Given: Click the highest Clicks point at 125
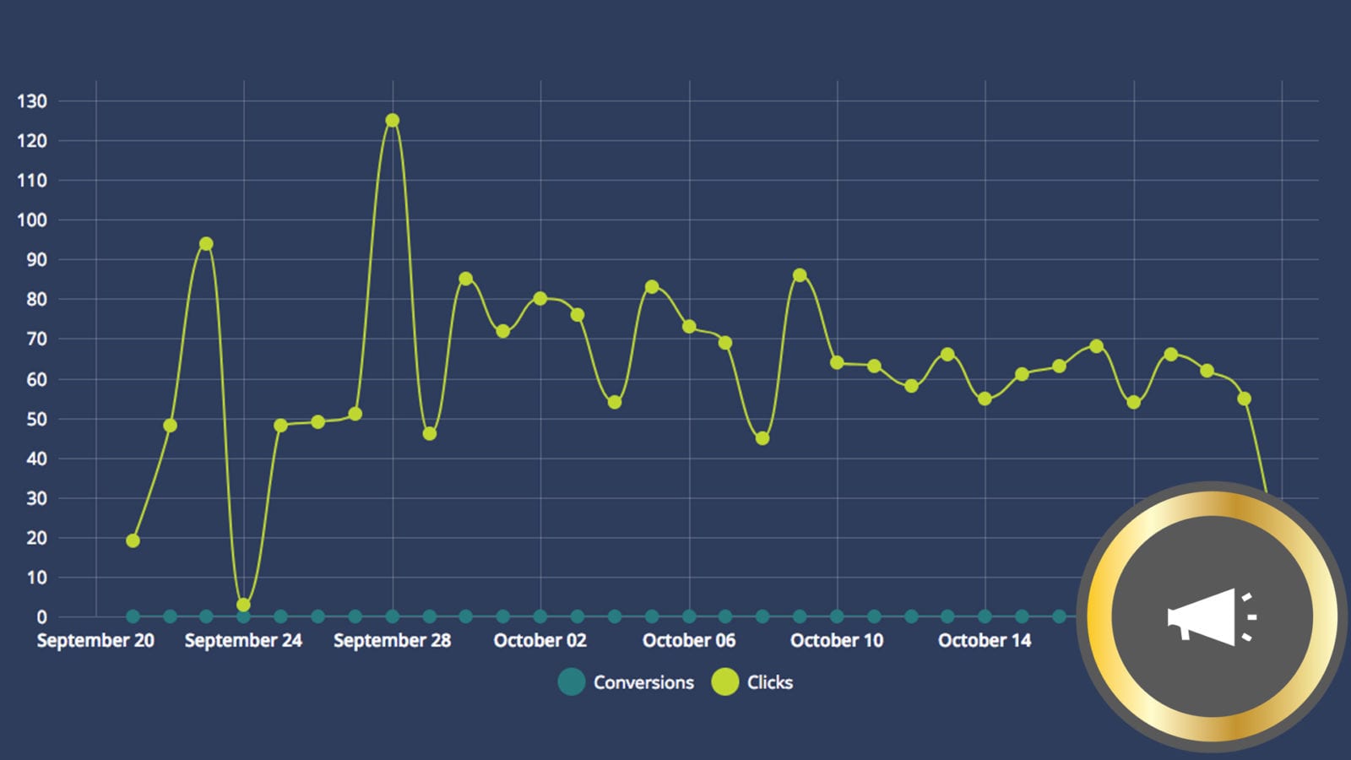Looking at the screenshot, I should coord(393,121).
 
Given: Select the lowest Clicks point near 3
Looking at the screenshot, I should coord(243,605).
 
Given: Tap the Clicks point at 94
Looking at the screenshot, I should coord(206,244).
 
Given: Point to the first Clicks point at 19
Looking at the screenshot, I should coord(133,540).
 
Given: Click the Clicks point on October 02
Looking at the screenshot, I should coord(540,298).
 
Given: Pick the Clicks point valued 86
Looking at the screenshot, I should coord(800,275).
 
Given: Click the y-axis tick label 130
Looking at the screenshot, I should coord(32,101).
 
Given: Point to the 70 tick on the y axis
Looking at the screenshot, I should coord(36,339).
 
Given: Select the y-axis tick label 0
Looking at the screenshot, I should coord(41,617).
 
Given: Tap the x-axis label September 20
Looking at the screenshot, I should coord(95,641).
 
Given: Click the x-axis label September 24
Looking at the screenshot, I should coord(243,641).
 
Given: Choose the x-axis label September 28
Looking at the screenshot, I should coord(392,641).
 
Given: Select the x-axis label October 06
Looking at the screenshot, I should coord(689,641).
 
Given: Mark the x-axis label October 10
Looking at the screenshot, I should coord(837,641).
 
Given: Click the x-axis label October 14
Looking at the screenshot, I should coord(985,641).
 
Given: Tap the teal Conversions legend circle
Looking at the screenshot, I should coord(572,682).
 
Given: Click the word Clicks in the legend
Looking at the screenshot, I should coord(770,682).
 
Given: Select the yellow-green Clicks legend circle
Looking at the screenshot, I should coord(724,682).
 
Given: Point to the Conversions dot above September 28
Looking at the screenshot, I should coord(393,616).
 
